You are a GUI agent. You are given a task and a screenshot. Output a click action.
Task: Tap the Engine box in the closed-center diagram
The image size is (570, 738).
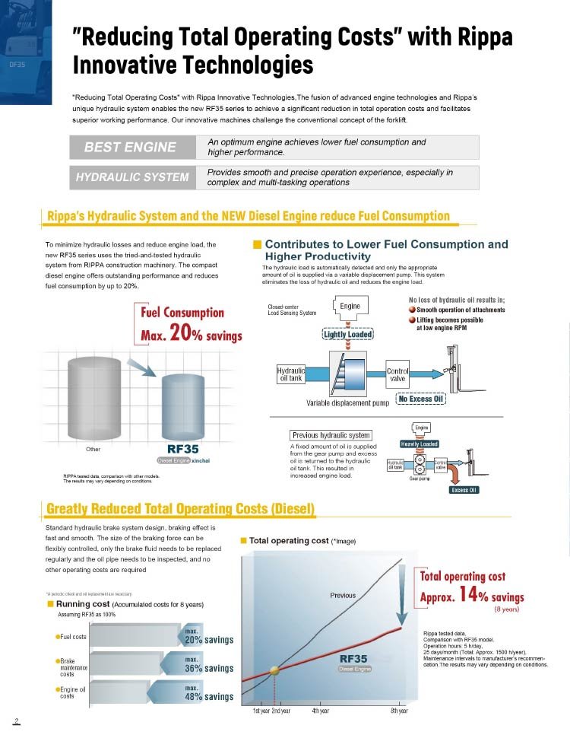350,306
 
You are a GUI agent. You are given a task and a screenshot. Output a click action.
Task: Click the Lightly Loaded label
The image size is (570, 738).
348,334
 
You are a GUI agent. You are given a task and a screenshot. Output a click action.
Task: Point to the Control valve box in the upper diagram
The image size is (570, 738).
397,375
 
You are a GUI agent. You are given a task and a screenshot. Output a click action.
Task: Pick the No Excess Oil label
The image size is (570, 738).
420,399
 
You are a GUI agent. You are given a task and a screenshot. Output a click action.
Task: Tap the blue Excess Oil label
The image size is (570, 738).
464,490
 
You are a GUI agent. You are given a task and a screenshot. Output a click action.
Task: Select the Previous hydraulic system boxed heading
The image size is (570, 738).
331,435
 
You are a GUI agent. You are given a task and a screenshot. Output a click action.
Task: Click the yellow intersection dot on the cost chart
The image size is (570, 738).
274,672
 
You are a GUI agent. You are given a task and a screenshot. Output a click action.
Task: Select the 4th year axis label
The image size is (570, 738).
320,711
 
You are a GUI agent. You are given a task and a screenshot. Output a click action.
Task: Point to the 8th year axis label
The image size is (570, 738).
399,711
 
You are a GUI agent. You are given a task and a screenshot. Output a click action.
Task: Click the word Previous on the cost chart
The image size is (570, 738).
342,595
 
